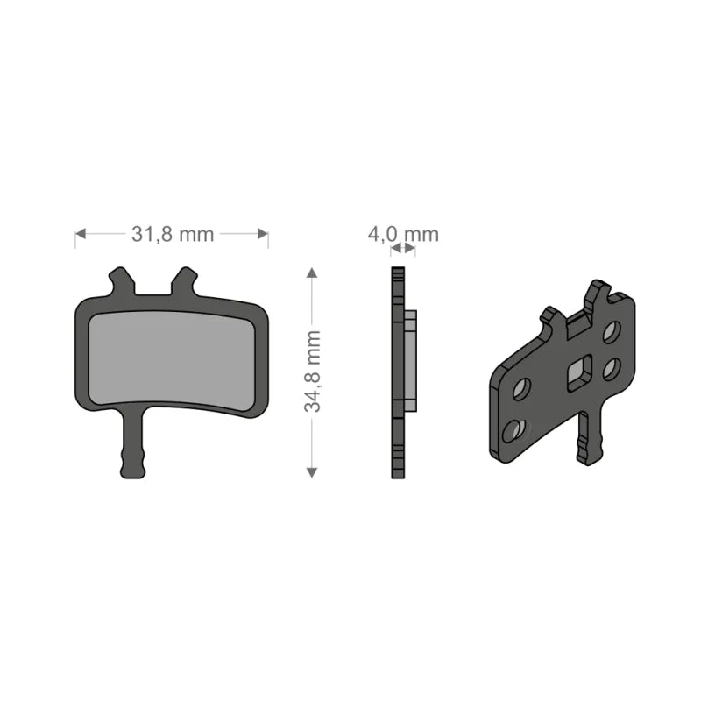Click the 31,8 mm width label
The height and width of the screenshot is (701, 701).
(x=172, y=234)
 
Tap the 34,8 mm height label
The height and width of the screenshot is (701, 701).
(x=314, y=372)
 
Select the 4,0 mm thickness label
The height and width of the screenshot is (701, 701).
(x=402, y=234)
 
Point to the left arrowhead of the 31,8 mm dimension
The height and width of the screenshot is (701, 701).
(x=81, y=234)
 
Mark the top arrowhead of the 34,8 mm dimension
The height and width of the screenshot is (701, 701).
(x=311, y=273)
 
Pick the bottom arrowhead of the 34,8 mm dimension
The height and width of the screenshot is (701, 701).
(x=311, y=472)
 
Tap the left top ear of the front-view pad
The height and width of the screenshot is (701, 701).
(x=121, y=281)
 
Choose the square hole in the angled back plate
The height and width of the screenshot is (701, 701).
(x=579, y=375)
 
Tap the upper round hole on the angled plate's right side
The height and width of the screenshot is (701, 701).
(x=612, y=331)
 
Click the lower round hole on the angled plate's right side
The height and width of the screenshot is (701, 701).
(x=612, y=368)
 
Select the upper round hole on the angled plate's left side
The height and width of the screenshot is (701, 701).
(x=521, y=388)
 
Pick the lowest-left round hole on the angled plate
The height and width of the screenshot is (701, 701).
(x=514, y=429)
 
